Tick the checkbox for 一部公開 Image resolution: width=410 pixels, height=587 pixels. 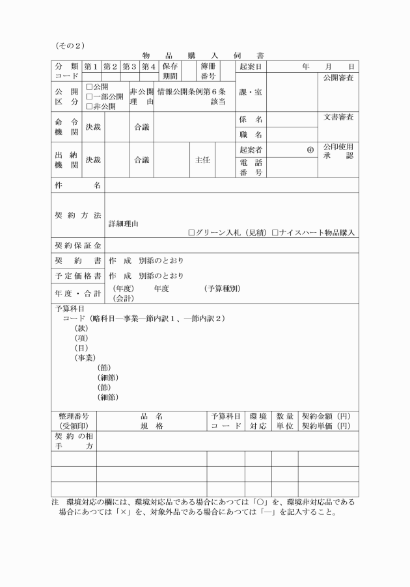[x=89, y=97]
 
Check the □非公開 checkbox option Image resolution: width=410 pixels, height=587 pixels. [x=89, y=107]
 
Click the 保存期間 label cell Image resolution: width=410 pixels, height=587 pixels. [x=170, y=72]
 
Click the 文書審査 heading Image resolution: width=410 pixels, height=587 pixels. [x=338, y=117]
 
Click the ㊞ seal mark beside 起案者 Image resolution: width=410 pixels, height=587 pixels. [x=310, y=150]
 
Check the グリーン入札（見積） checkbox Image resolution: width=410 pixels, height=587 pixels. [x=192, y=232]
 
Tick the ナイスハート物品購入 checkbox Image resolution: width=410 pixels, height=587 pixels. [x=275, y=232]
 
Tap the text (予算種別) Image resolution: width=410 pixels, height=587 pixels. [x=222, y=288]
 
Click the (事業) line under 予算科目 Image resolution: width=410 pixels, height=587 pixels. [x=85, y=358]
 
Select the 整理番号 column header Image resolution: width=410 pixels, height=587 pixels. [x=73, y=415]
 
